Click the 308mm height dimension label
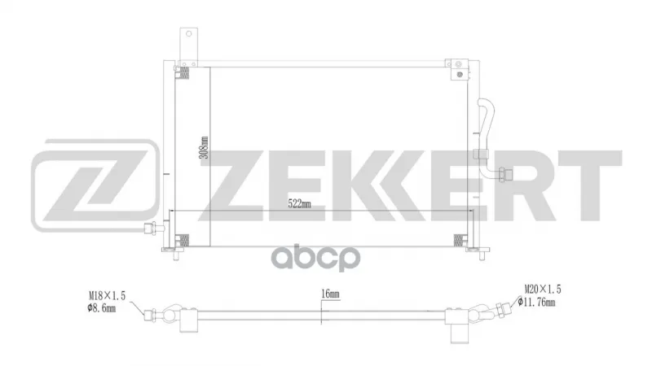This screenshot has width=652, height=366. point(204,147)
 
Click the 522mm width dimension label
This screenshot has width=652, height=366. point(299,204)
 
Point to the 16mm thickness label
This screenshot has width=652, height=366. point(330,294)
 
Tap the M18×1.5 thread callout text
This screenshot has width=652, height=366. point(108,295)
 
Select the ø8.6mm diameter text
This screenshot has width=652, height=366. point(101,308)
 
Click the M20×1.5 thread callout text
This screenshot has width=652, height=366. point(543,289)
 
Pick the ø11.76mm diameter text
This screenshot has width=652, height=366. point(536,302)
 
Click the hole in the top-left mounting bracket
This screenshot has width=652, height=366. point(189,33)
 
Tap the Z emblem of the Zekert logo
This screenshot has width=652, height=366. point(95,185)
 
